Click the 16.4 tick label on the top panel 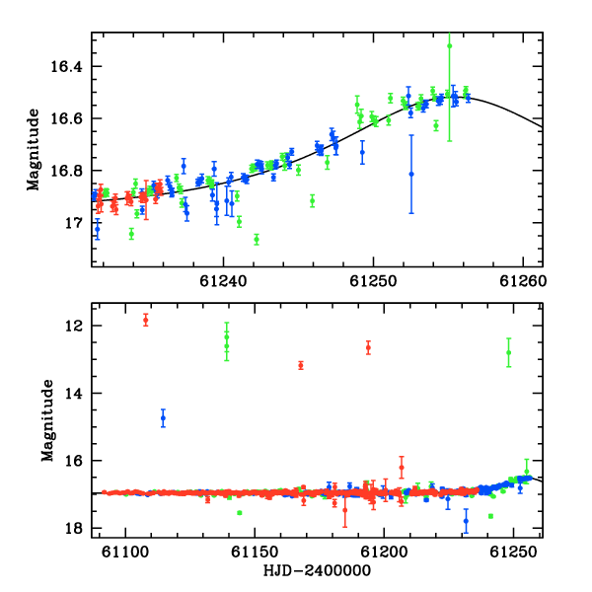[66, 67]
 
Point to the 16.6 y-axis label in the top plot [66, 119]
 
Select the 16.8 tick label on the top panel [66, 171]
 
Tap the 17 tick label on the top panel [73, 223]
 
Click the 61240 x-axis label [223, 281]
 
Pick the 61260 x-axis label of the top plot [523, 281]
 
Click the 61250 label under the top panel [373, 281]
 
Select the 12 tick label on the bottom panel [73, 326]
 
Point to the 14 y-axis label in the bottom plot [73, 394]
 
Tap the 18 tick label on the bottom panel [73, 529]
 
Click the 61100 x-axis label [125, 552]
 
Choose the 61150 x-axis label [255, 552]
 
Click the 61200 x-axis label [384, 552]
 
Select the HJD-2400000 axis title [317, 570]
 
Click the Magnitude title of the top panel [34, 150]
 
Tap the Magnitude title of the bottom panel [48, 420]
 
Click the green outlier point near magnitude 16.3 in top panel [449, 46]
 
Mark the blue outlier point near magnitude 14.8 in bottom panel [163, 418]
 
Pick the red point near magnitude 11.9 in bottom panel [146, 321]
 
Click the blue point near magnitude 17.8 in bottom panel [466, 521]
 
